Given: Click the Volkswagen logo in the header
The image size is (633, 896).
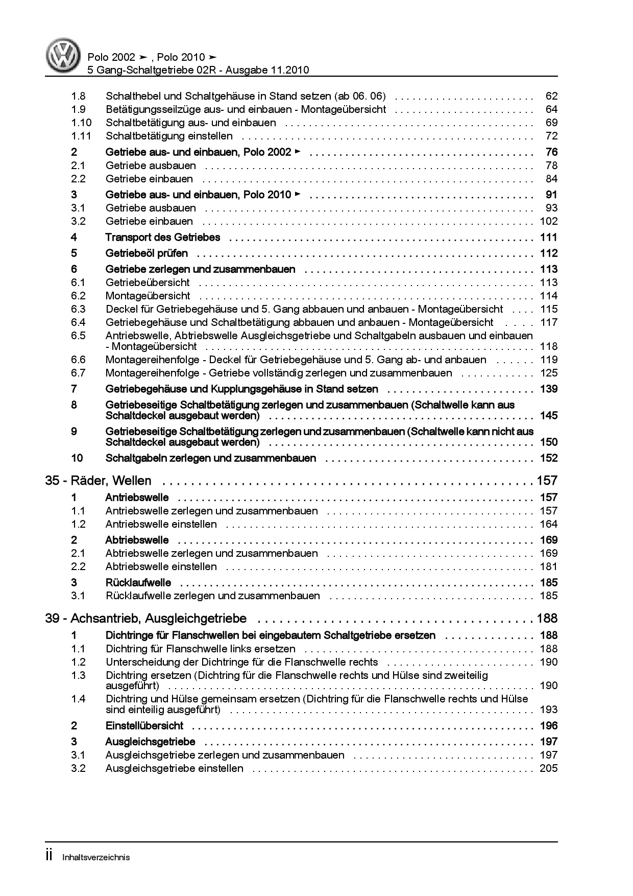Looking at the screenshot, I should pos(64,56).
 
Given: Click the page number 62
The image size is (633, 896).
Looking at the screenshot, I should pos(551,96).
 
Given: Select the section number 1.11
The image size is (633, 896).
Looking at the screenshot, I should pos(81,136).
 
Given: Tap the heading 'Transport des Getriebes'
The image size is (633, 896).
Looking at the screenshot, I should pos(162,237).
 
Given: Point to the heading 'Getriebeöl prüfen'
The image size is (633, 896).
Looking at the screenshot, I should pos(147,253).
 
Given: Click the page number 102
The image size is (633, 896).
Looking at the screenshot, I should pos(548,221).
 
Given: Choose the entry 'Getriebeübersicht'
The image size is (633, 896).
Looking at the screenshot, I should pos(148,282).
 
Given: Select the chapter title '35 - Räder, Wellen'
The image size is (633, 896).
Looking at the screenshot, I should pos(98,481).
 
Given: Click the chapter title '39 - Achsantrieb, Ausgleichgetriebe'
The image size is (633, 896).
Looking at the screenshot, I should pos(145,619).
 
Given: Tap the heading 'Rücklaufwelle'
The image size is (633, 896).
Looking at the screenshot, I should pos(138,583).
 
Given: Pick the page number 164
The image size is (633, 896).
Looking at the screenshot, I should pos(548,524).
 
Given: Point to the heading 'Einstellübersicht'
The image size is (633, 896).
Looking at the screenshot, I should pos(144,726).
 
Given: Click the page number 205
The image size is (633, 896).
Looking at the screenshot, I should pos(548,768).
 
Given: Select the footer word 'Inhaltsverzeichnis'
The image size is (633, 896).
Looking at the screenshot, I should pos(96,857).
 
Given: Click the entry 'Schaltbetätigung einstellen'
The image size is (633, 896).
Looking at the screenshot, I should pos(169,136).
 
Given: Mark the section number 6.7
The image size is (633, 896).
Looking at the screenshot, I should pos(78,373).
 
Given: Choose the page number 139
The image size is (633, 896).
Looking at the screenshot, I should pos(548,389).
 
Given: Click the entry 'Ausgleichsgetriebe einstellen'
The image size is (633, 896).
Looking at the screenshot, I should pos(174,768).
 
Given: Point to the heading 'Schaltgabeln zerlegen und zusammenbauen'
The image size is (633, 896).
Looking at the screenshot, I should pos(210,458).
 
